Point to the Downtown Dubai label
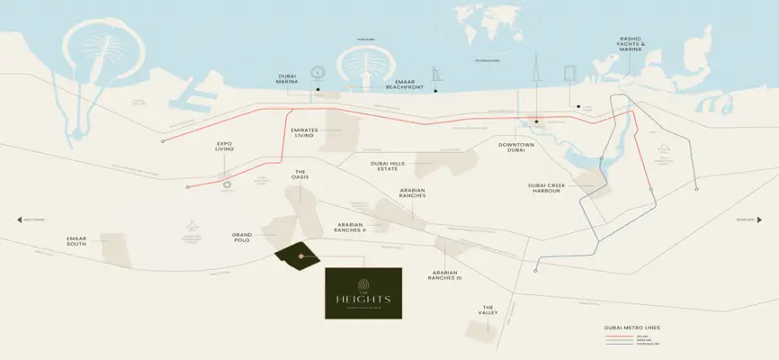[x=516, y=148]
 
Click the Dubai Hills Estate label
[x=388, y=166]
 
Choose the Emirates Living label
[x=302, y=132]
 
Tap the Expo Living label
[x=224, y=148]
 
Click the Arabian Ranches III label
[x=446, y=275]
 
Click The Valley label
[x=488, y=310]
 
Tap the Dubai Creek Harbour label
[x=551, y=190]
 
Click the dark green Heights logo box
[x=363, y=292]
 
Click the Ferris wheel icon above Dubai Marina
[x=317, y=72]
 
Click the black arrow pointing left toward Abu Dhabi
[x=19, y=219]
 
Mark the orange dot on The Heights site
[x=300, y=257]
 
